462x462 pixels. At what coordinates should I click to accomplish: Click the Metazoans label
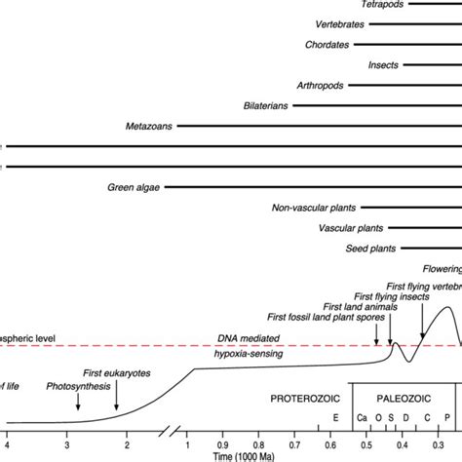click(150, 127)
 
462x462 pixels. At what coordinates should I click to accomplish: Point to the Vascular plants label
click(350, 228)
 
